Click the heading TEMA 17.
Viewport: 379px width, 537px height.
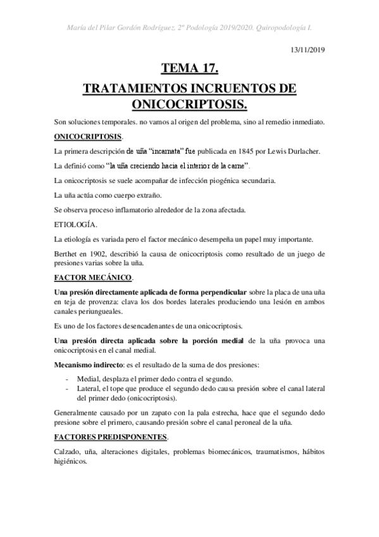[x=190, y=68]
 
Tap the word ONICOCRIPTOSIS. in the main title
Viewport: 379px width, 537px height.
[x=190, y=103]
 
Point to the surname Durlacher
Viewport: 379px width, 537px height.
[x=305, y=151]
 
